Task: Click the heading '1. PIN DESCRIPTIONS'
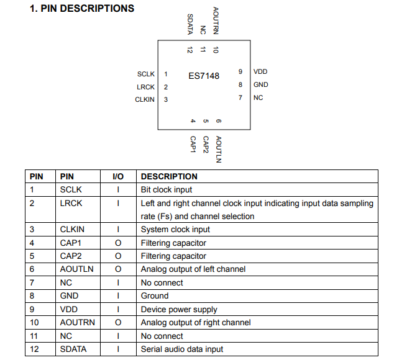click(x=82, y=9)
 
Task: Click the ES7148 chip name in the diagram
click(x=204, y=76)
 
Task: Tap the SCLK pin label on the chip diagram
click(x=146, y=74)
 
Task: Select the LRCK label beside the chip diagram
click(x=146, y=87)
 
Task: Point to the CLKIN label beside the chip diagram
click(x=145, y=99)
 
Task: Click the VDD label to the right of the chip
click(x=260, y=72)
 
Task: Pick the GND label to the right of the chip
click(x=260, y=84)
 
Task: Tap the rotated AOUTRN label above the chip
click(x=216, y=20)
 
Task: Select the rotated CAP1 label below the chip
click(x=193, y=145)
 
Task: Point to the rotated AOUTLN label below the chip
click(x=218, y=149)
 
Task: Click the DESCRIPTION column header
click(x=169, y=176)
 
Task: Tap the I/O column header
click(x=118, y=176)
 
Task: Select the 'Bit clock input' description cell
click(x=167, y=189)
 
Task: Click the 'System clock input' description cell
click(x=175, y=229)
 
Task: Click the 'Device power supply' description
click(x=179, y=309)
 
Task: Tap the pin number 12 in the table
click(x=34, y=349)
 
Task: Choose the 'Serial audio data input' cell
click(x=182, y=349)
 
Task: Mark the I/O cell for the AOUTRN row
click(x=118, y=322)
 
